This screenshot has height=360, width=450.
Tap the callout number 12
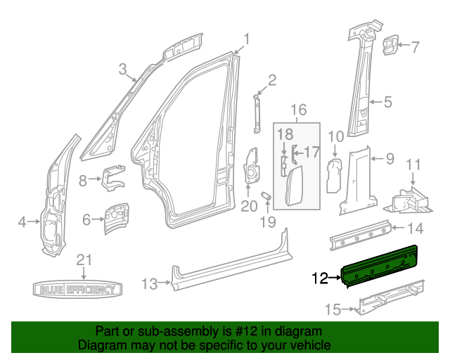point(319,279)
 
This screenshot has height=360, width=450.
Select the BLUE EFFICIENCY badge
point(78,289)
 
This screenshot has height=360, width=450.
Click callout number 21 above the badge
point(84,259)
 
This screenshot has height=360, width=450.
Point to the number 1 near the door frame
point(247,39)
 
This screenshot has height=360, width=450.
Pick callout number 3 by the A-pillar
point(122,69)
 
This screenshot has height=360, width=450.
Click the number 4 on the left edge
point(22,223)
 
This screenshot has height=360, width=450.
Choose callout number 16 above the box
point(299,110)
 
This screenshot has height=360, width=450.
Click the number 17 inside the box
point(311,151)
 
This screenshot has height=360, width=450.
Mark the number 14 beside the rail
point(416,227)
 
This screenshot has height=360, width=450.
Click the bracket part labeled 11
point(406,198)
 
